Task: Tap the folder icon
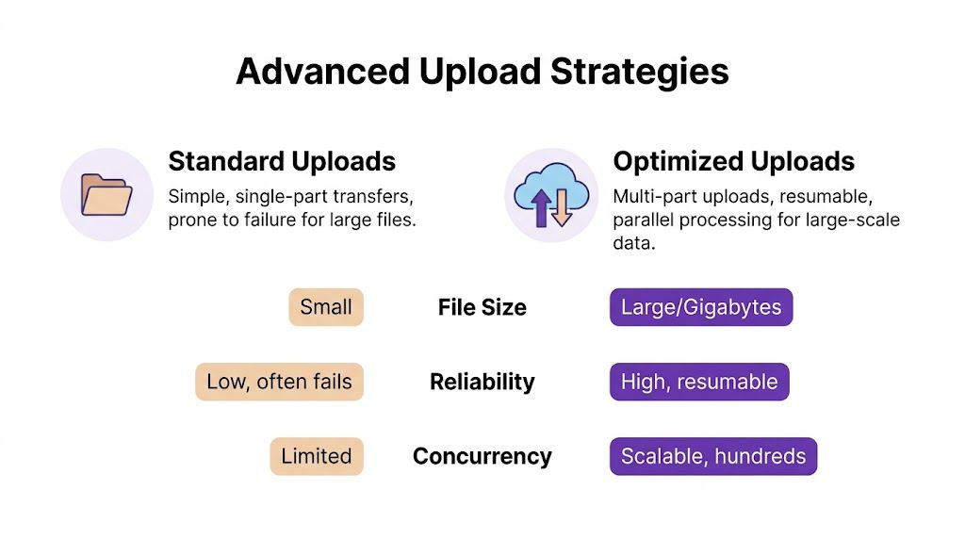coord(106,195)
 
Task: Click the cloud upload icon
coord(551,195)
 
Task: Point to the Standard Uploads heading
coord(282,161)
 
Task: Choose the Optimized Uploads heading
coord(733,161)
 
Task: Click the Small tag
coord(326,307)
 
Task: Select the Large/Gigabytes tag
coord(701,307)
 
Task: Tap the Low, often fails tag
coord(279,382)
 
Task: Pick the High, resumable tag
coord(699,382)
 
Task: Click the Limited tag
coord(316,456)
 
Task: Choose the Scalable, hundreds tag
coord(713,456)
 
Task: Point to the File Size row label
coord(482,307)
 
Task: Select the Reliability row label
coord(482,382)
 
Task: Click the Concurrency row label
coord(482,456)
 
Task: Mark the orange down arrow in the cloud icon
coord(563,208)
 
